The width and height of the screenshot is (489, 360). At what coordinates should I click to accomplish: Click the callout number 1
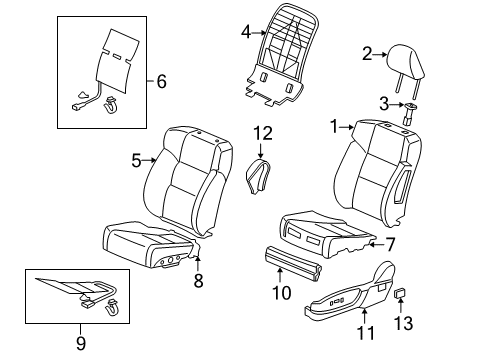point(335,126)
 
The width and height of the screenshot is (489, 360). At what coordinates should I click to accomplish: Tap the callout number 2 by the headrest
point(367,53)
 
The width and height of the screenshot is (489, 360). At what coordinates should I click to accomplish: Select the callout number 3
point(381,103)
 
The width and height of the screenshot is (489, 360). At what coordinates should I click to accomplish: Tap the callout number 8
point(198,282)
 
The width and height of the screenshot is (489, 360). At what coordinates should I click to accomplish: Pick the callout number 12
point(262,133)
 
